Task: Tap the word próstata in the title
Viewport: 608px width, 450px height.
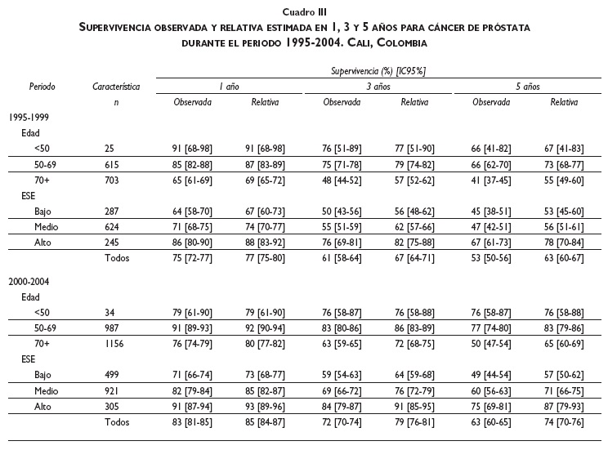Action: tap(503, 27)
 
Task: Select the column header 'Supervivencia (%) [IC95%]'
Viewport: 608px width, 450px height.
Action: tap(378, 72)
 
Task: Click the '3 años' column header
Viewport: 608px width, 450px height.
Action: tap(378, 87)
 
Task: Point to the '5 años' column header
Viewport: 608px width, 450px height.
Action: tap(527, 87)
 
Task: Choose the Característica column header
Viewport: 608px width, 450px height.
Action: tap(117, 86)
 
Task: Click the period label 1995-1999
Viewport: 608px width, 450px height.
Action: tap(27, 118)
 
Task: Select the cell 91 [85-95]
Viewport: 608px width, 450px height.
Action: tap(414, 406)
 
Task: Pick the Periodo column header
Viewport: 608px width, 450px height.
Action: tap(42, 86)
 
